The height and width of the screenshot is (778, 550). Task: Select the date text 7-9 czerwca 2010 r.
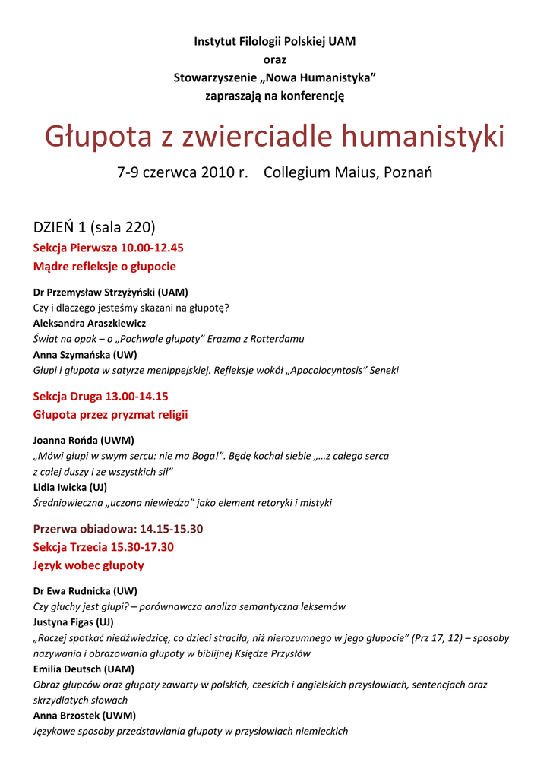point(182,172)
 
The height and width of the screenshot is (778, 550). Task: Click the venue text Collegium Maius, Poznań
point(348,172)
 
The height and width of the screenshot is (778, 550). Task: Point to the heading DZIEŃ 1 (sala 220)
point(94,226)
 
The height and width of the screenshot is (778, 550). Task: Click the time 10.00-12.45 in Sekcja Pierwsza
point(152,248)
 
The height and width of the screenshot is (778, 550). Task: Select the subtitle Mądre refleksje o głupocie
point(104,267)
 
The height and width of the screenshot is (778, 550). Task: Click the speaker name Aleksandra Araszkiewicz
point(90,323)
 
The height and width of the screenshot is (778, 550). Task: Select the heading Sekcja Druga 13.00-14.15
point(100,396)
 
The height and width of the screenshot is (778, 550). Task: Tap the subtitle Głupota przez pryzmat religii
point(110,415)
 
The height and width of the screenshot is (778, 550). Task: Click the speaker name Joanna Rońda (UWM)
point(84,440)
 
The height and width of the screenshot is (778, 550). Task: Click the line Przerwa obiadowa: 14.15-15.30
point(118,528)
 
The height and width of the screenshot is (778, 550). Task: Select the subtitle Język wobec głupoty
point(88,565)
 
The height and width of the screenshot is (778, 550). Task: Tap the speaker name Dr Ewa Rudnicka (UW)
point(85,590)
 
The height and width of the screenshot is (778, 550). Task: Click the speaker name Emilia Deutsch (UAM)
point(84,669)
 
